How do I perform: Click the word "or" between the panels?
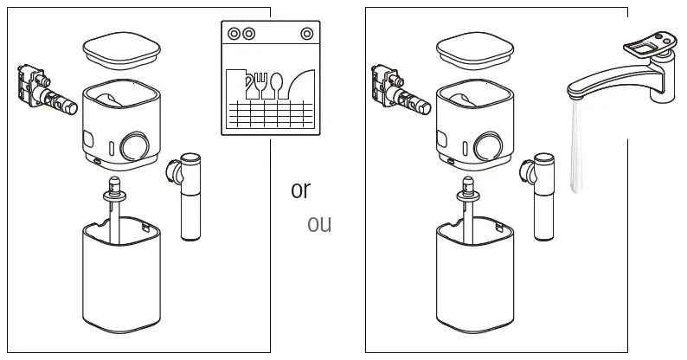(300, 190)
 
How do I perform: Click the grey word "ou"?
(319, 224)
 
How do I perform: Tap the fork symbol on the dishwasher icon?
(260, 85)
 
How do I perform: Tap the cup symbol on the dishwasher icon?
(245, 85)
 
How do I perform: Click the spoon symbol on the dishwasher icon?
(276, 85)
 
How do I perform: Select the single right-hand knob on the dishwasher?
(305, 34)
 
